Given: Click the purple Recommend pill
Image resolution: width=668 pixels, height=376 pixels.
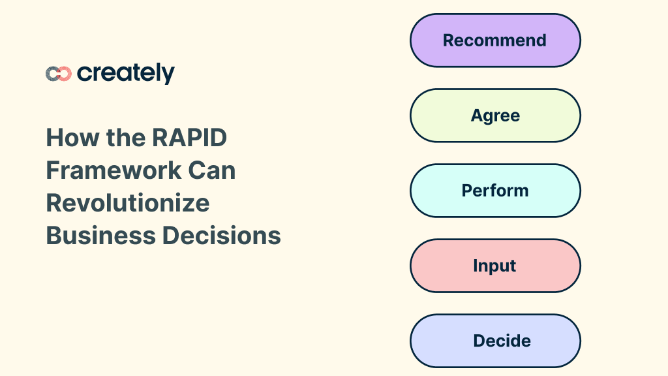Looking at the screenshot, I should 495,40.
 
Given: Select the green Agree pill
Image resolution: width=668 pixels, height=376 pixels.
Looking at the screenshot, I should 495,116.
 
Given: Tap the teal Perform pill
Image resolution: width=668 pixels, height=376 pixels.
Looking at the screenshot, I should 495,191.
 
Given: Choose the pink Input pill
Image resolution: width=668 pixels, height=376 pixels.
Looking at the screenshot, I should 495,266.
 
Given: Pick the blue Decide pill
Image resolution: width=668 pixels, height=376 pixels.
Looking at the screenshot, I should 495,341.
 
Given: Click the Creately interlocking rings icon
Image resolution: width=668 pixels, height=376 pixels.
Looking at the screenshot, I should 58,74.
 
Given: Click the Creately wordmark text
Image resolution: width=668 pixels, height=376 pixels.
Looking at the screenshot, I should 126,74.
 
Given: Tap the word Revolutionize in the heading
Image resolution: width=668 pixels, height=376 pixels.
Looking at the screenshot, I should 128,202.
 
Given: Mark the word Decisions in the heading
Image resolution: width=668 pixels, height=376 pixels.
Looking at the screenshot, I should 222,235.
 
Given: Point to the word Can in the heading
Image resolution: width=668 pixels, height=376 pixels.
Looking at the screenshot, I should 212,170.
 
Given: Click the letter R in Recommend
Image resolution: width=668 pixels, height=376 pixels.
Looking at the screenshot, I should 449,40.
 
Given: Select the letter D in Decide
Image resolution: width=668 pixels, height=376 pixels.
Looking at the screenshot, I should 479,341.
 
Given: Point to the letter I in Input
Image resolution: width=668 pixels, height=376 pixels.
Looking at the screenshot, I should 476,266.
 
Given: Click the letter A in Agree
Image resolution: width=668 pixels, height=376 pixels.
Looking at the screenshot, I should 476,116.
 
